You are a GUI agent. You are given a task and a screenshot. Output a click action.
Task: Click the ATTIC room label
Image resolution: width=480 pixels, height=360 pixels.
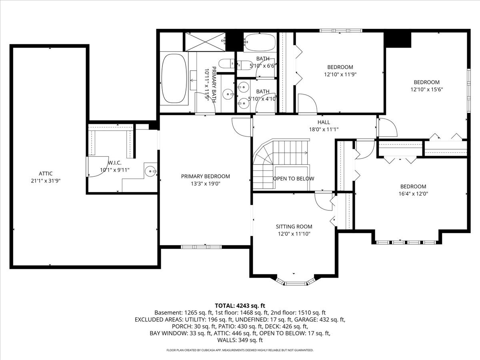[x=46, y=174]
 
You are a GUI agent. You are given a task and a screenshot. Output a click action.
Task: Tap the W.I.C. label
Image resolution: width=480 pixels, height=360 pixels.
[x=114, y=163]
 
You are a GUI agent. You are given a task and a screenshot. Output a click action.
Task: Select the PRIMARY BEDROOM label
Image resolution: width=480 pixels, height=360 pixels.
[x=206, y=176]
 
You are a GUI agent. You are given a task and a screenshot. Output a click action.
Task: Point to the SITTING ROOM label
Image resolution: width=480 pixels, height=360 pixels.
[x=294, y=227]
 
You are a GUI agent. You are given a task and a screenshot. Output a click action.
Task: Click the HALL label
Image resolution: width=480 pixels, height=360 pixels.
[x=324, y=122]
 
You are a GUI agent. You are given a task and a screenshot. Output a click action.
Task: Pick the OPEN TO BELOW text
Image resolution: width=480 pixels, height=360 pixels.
[x=294, y=179]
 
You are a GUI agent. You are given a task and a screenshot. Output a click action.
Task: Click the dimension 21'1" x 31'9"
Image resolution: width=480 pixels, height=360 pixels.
[x=46, y=181]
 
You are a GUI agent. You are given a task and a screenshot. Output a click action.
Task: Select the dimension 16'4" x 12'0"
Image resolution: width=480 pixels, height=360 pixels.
[x=413, y=194]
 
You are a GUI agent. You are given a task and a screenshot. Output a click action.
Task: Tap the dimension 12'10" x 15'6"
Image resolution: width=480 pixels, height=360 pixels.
[x=427, y=89]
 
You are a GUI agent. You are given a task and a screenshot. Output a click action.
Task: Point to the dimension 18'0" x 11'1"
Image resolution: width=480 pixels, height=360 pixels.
[x=324, y=129]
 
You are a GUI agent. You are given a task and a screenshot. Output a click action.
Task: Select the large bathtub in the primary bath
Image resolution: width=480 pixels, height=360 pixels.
[x=174, y=78]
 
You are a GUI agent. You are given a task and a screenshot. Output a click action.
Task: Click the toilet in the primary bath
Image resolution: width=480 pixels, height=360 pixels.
[x=226, y=64]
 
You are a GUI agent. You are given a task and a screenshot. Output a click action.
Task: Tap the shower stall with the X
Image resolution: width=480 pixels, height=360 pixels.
[x=205, y=42]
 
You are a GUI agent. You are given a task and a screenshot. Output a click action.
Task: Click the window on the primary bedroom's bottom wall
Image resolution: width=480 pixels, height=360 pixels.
[x=201, y=247]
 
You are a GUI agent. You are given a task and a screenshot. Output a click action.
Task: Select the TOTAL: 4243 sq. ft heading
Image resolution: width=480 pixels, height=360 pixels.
[x=240, y=306]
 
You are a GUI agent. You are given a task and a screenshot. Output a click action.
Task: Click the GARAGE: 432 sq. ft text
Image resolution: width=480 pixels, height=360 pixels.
[x=320, y=320]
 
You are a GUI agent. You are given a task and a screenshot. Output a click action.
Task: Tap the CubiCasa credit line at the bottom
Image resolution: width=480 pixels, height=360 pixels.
[x=240, y=350]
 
